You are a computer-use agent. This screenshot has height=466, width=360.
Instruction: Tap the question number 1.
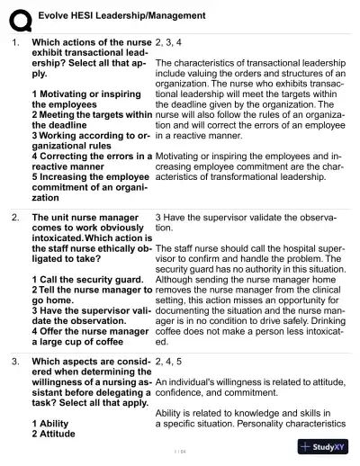coord(14,41)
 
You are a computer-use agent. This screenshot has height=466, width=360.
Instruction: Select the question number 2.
coord(14,217)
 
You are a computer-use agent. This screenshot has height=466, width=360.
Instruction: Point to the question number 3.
coord(14,362)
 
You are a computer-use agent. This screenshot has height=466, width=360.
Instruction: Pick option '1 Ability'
coord(53,423)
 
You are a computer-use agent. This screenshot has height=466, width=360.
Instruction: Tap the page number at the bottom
coord(179,450)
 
